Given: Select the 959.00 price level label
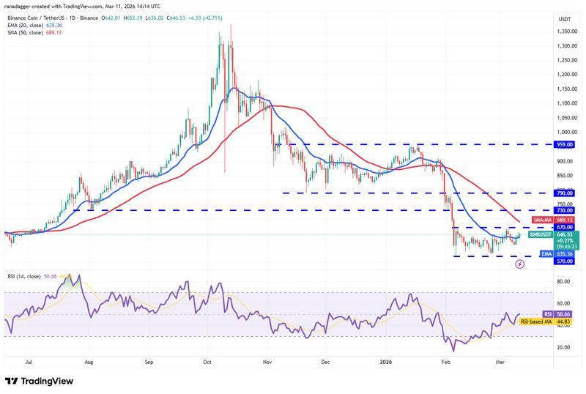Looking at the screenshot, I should (565, 145).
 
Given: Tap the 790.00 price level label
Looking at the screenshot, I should (565, 193).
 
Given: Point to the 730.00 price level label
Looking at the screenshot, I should (565, 210).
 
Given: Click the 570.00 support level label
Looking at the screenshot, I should (565, 260).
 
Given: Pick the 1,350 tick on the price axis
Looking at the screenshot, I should (565, 31).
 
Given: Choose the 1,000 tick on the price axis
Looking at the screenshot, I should (565, 133).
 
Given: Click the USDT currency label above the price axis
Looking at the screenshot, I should (565, 18).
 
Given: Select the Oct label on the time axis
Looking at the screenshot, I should (207, 361).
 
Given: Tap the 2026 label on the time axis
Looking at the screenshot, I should (387, 361).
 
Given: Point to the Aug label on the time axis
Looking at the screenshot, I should (89, 361).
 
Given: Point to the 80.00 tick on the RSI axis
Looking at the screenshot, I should (565, 280).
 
